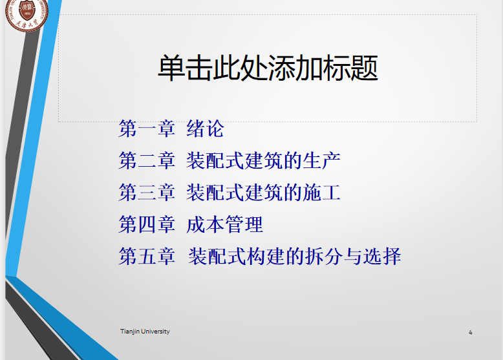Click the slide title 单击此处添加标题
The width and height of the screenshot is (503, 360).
pyautogui.click(x=268, y=68)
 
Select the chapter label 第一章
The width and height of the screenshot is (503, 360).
pyautogui.click(x=147, y=129)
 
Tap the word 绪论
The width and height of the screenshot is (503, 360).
pyautogui.click(x=205, y=129)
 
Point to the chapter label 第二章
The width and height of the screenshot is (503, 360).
pyautogui.click(x=147, y=160)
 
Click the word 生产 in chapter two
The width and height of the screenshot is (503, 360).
pyautogui.click(x=321, y=160)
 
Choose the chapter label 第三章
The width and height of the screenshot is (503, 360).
pyautogui.click(x=147, y=193)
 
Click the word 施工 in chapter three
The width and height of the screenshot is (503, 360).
pyautogui.click(x=321, y=193)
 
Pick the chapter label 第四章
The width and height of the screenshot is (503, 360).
pyautogui.click(x=147, y=224)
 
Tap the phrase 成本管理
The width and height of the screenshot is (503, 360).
pyautogui.click(x=224, y=224)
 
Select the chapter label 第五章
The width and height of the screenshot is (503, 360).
pyautogui.click(x=147, y=256)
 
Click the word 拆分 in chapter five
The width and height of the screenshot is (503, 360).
pyautogui.click(x=324, y=256)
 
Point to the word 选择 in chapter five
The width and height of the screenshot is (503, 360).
pyautogui.click(x=382, y=256)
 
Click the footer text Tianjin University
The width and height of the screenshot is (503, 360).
pyautogui.click(x=145, y=332)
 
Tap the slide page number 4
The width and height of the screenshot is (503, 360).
pyautogui.click(x=470, y=332)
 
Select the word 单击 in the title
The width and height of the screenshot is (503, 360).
pyautogui.click(x=186, y=68)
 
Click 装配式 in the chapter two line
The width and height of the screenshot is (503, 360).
pyautogui.click(x=215, y=160)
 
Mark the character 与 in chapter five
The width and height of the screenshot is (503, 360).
pyautogui.click(x=353, y=256)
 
